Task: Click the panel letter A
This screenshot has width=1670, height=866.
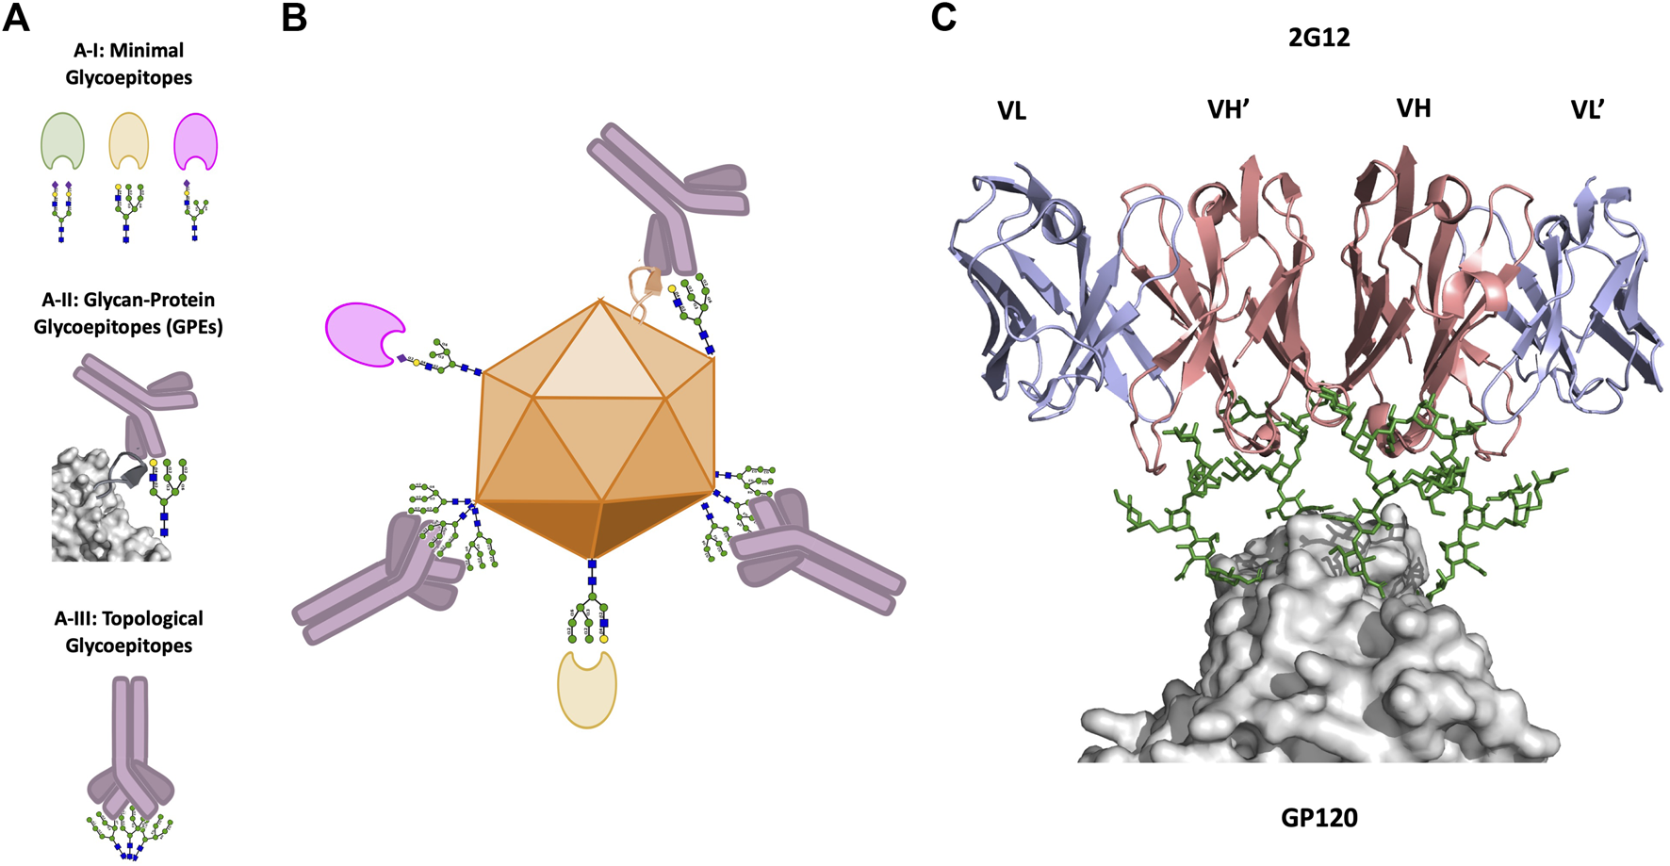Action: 16,18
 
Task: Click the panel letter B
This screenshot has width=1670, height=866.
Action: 294,18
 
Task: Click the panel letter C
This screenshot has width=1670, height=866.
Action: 943,18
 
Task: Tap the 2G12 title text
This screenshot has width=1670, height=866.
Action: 1318,38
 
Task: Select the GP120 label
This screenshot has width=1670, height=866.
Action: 1318,817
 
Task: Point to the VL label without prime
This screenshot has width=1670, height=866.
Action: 1011,111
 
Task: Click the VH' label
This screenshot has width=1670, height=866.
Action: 1228,110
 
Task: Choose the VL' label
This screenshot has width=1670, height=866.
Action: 1587,110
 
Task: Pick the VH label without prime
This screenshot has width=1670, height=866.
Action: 1414,108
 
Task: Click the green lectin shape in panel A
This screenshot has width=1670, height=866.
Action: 62,141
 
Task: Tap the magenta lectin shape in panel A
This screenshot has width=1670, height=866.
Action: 196,141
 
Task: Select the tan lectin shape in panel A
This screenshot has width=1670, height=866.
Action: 128,141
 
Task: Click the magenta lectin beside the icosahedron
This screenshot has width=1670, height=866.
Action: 362,333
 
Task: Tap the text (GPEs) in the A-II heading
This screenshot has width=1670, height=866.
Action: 192,327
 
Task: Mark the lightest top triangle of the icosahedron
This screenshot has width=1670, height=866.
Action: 599,353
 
